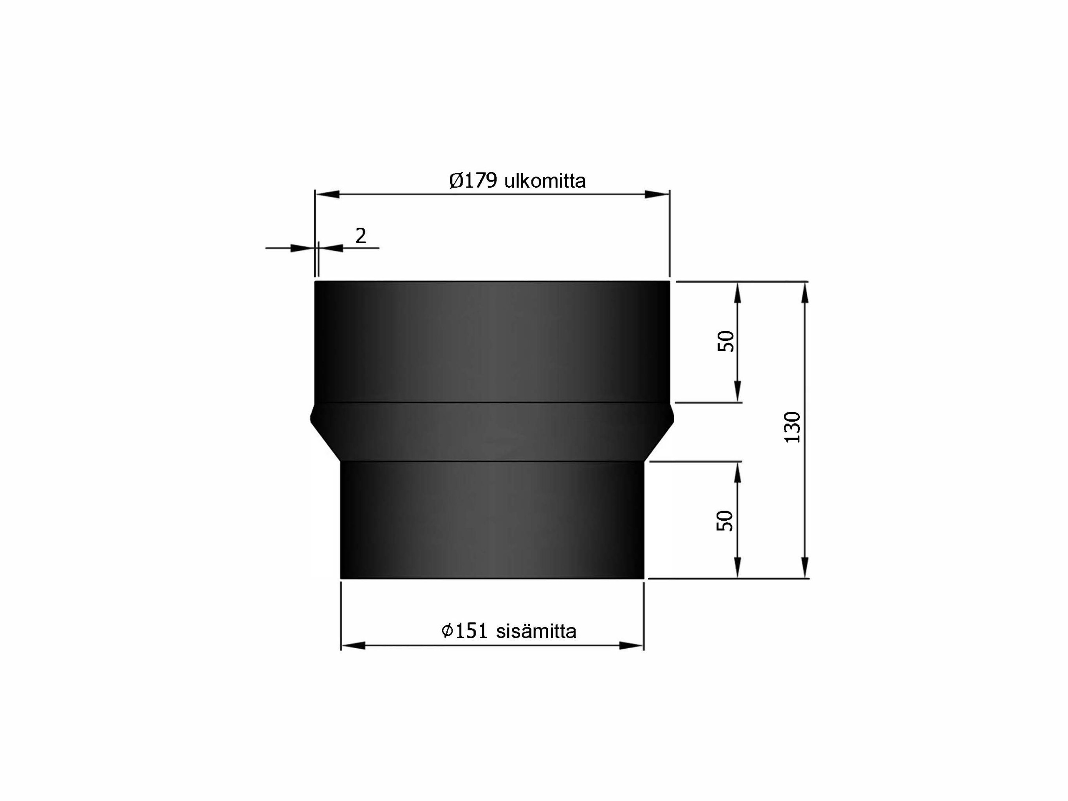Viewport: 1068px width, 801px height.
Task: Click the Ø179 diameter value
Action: pos(473,181)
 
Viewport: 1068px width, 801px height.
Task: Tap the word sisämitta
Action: pos(536,632)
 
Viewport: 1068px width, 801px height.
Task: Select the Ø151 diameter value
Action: pos(464,632)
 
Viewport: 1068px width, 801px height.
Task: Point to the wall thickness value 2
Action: pos(361,236)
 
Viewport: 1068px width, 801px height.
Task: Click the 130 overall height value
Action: pos(792,427)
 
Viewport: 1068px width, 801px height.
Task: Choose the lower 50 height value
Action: pos(725,521)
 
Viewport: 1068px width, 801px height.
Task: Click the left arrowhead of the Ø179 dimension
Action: pos(327,194)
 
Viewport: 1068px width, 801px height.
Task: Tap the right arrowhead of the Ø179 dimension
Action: pos(657,194)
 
